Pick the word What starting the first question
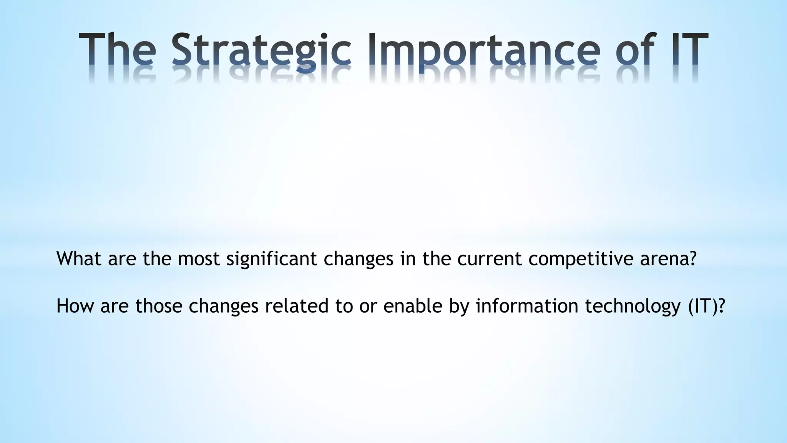point(79,258)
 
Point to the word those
point(159,306)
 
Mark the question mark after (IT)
point(721,306)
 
